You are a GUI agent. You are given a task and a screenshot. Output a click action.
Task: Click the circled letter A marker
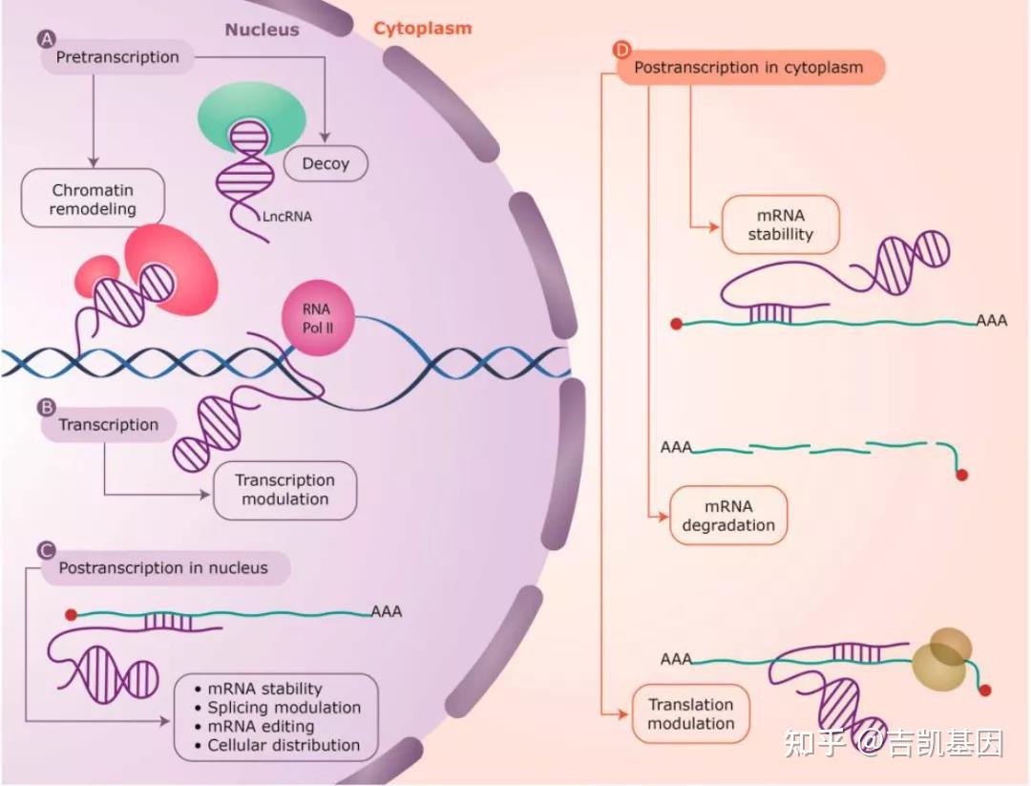(45, 38)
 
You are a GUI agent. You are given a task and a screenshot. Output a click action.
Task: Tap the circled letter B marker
(46, 407)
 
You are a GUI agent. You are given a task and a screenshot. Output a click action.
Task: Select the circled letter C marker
(46, 550)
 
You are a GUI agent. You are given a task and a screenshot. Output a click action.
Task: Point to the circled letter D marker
(621, 50)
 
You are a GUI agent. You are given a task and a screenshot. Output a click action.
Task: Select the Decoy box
(326, 163)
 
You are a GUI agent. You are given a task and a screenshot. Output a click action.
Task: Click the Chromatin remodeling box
(94, 200)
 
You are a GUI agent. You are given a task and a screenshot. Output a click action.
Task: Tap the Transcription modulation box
(284, 490)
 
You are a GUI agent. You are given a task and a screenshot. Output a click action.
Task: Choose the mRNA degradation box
(728, 516)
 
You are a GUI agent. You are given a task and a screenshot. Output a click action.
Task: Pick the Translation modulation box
(690, 714)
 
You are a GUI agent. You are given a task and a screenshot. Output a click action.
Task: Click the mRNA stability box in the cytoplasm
(780, 225)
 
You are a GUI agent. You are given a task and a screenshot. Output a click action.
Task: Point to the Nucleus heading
(262, 30)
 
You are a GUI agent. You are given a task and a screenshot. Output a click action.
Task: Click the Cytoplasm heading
(422, 28)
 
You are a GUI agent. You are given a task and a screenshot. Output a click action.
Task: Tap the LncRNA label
(286, 216)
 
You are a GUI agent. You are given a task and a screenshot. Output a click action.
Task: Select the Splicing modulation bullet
(284, 708)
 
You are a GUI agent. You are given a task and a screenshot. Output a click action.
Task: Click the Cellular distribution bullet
(284, 745)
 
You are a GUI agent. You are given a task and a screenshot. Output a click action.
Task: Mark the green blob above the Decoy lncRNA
(252, 120)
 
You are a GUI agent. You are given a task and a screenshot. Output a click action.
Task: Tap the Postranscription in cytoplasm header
(748, 68)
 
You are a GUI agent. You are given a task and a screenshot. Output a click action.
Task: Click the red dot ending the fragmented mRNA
(962, 475)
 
